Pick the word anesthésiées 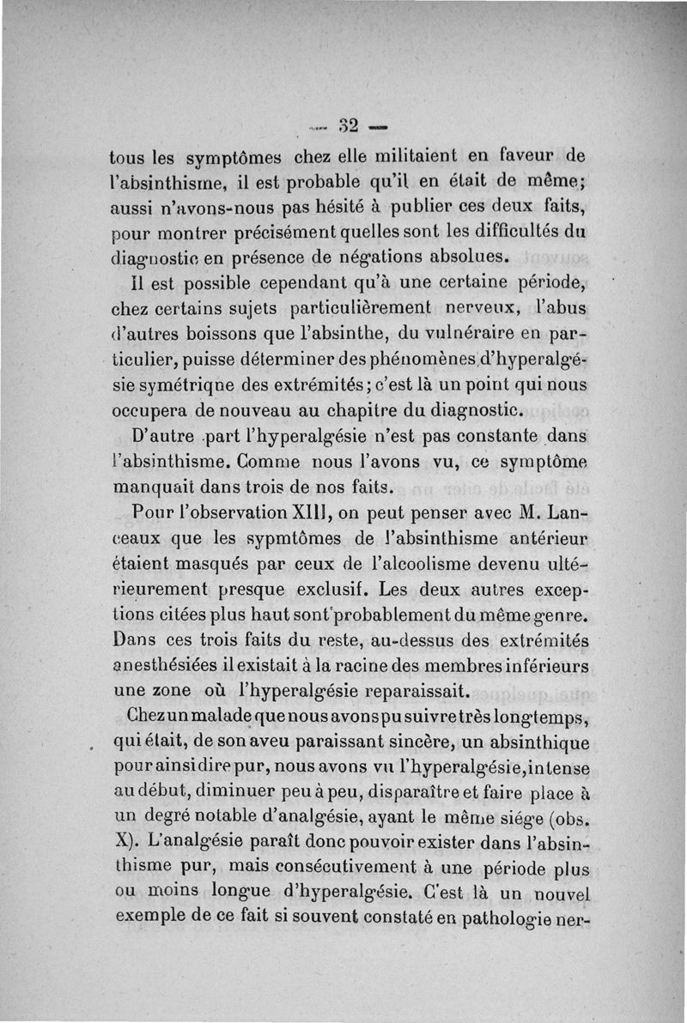[x=169, y=665]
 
